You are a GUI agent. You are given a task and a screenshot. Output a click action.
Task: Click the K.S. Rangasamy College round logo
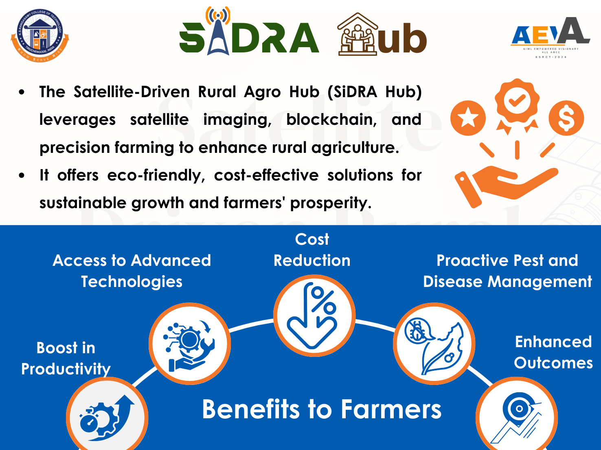point(40,35)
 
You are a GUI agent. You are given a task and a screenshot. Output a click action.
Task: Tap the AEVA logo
point(551,37)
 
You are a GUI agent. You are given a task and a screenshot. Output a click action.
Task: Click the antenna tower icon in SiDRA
point(218,30)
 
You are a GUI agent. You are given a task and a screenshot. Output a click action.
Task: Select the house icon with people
point(358,34)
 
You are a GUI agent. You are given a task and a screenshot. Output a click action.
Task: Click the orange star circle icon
point(468,118)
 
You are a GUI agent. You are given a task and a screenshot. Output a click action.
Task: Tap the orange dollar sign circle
point(566,118)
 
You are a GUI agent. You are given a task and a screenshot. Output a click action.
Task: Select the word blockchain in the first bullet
point(331,120)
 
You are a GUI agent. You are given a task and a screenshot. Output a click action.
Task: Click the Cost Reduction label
point(312,250)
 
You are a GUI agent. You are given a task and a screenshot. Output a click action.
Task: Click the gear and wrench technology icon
point(189,344)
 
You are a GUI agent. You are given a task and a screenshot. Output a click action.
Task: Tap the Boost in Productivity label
point(66,359)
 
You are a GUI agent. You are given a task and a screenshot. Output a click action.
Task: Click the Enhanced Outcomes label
point(553,352)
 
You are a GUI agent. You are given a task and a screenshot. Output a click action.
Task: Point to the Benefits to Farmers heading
point(322,409)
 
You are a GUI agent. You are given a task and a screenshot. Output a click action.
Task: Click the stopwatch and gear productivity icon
point(107,417)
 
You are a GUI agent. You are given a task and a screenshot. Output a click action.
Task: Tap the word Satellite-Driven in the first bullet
point(132,92)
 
